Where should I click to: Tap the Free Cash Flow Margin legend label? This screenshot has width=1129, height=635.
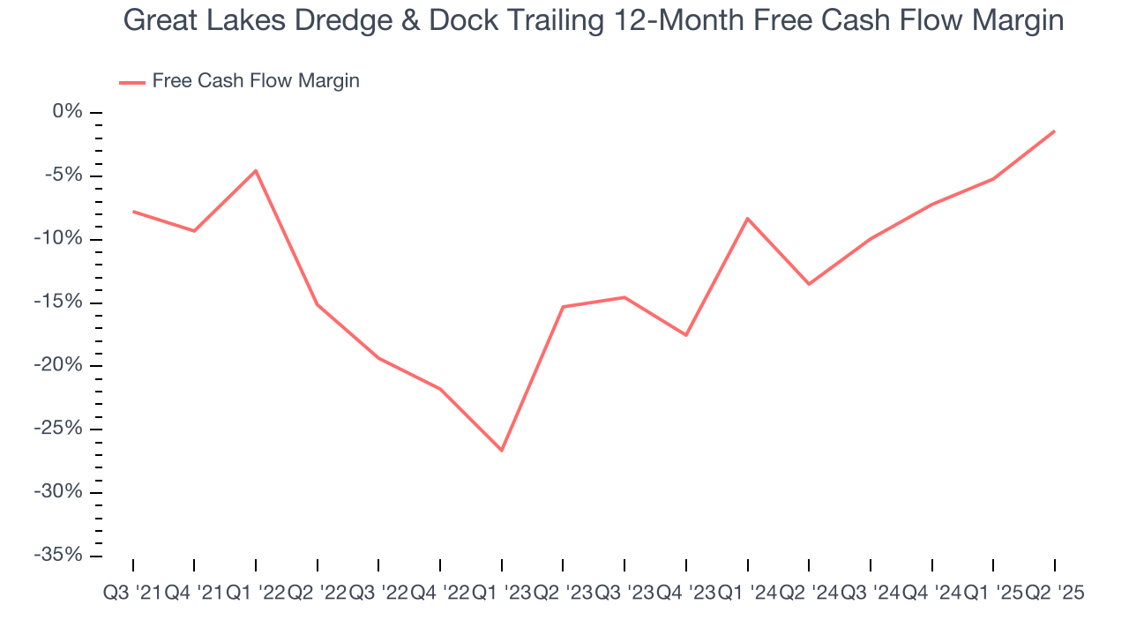256,81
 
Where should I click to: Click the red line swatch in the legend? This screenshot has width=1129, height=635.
131,82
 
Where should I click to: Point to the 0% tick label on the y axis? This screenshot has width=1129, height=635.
67,112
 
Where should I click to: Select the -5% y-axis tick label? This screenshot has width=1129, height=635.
64,176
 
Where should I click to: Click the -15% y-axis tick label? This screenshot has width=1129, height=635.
59,303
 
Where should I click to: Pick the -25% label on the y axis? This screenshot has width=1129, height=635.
59,429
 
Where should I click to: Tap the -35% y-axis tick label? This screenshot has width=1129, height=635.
59,556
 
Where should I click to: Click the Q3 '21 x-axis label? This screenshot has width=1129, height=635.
133,594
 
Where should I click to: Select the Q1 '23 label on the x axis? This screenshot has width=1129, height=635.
502,594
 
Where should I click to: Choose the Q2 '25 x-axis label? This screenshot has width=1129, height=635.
1054,594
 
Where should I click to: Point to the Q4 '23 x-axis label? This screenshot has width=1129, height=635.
686,594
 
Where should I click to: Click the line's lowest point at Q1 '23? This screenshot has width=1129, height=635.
502,451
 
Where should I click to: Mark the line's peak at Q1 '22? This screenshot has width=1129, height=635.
256,170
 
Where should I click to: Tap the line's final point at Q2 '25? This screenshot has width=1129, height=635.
1054,131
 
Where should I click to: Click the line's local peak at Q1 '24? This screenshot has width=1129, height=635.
748,218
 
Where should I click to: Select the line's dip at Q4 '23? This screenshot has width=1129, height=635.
686,335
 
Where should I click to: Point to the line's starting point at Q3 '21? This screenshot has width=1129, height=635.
133,211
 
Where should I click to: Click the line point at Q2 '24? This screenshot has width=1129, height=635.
809,284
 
